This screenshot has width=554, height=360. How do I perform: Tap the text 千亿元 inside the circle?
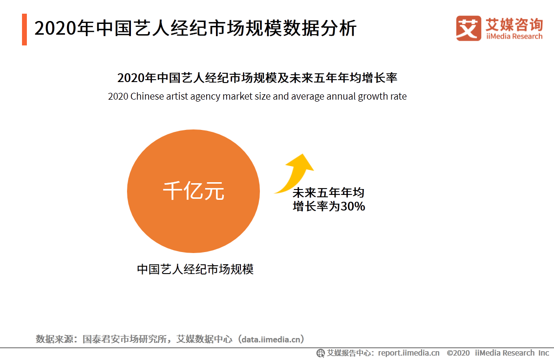[x=193, y=191]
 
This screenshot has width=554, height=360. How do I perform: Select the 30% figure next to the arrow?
[x=353, y=207]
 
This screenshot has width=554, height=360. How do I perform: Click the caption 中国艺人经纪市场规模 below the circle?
[x=195, y=269]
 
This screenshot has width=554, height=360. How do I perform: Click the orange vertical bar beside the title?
[x=24, y=29]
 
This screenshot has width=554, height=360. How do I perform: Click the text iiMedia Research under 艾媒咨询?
[x=514, y=36]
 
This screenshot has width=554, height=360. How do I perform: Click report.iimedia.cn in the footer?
[x=408, y=353]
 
